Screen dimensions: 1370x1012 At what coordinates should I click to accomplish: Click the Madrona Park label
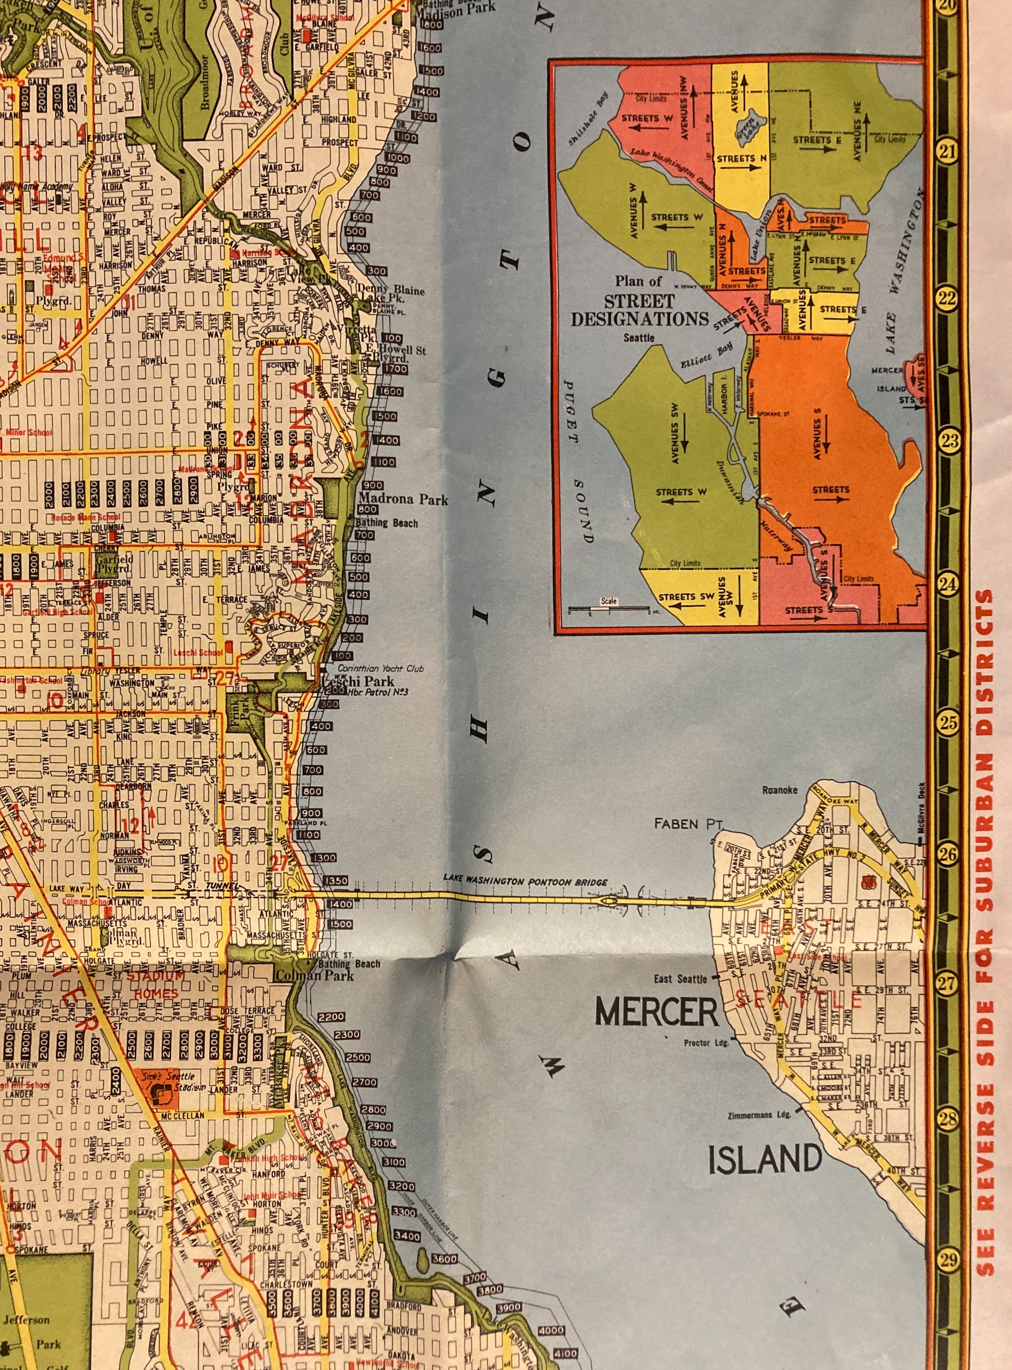[x=403, y=500]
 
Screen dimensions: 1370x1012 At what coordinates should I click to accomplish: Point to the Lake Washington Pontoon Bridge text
[x=525, y=881]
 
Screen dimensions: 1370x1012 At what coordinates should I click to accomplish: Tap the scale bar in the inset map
[x=609, y=610]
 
